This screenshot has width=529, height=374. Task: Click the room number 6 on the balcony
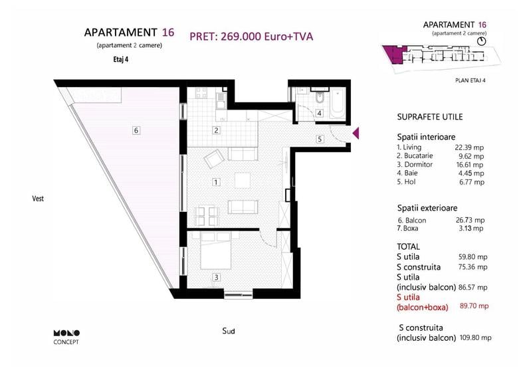(136, 130)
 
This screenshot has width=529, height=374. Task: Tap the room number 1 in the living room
(216, 181)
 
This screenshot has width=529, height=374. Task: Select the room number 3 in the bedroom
(216, 277)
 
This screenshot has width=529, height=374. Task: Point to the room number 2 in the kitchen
(216, 130)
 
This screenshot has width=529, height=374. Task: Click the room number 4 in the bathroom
(319, 114)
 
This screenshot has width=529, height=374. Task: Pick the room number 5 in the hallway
(319, 139)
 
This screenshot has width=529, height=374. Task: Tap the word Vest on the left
(37, 198)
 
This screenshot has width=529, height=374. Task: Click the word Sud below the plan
(229, 331)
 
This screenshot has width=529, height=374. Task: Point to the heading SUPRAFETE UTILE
(429, 117)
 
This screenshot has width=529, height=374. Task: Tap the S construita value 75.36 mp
(474, 267)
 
